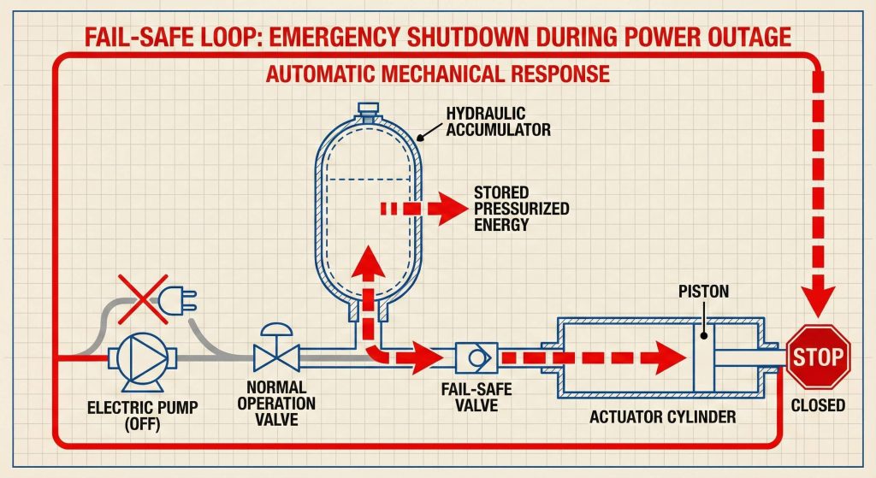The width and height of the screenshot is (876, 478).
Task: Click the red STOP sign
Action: [x=819, y=355]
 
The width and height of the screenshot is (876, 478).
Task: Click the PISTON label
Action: [x=705, y=292]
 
